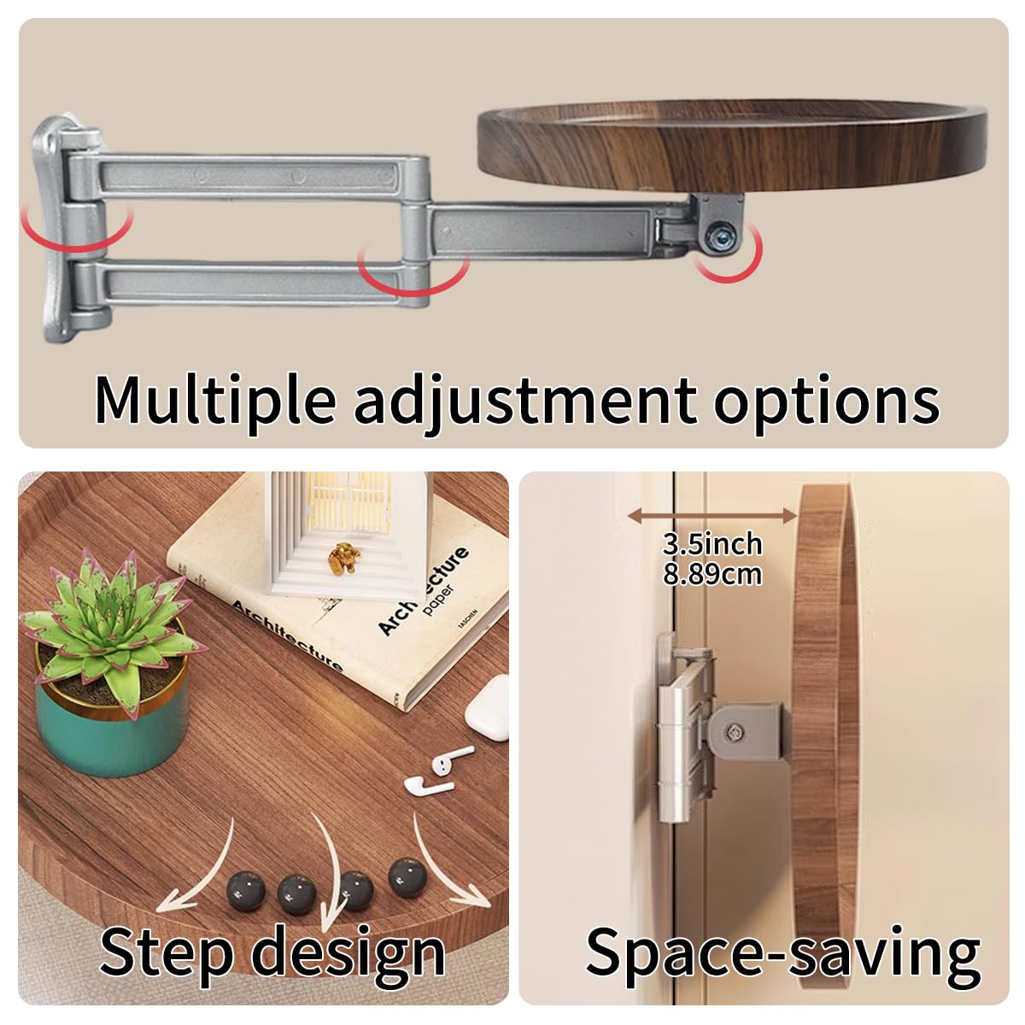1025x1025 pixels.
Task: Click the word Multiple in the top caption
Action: (x=215, y=398)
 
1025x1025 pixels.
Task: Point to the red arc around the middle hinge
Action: (x=413, y=289)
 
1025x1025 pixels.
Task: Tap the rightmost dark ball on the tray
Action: (x=408, y=878)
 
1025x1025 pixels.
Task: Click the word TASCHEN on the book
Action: (x=468, y=617)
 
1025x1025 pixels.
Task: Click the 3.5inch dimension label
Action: (x=712, y=544)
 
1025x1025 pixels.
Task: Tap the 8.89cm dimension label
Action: (x=712, y=574)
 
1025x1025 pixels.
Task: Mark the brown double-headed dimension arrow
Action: (x=712, y=514)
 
